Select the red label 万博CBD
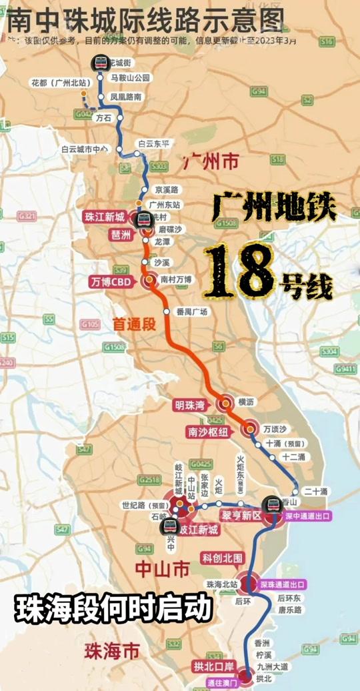pos(111,281)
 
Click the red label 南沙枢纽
pos(207,432)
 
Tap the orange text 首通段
pos(133,323)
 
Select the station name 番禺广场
pos(192,311)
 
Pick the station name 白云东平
pos(153,143)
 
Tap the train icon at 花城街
pos(101,62)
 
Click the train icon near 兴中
pos(168,527)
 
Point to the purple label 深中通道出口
pos(307,516)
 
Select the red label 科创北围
pos(222,557)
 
